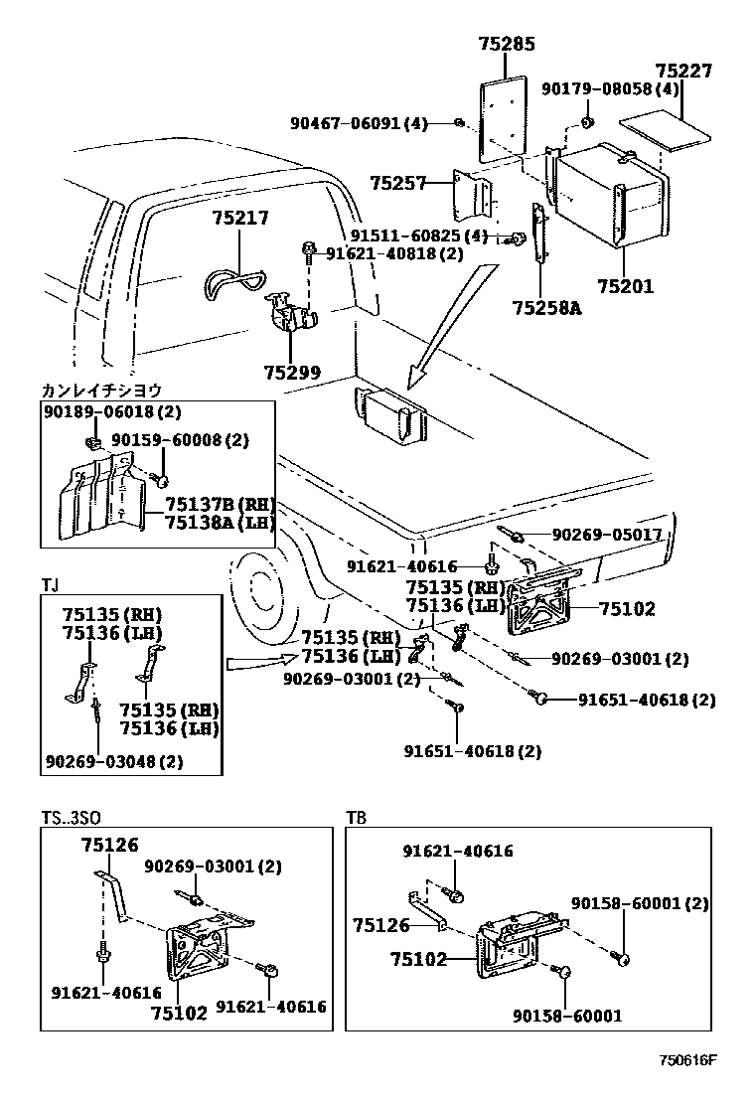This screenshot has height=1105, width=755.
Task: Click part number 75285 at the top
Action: point(506,44)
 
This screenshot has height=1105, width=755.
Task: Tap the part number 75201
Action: point(625,286)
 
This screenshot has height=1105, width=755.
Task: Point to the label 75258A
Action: point(545,307)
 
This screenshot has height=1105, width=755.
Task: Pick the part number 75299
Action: point(292,373)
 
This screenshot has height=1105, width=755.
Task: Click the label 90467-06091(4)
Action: point(359,123)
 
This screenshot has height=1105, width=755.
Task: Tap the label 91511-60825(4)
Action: point(419,236)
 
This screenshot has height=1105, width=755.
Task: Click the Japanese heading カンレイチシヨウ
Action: point(101,391)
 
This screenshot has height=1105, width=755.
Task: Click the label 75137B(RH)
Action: point(220,505)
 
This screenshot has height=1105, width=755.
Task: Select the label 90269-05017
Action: point(607,535)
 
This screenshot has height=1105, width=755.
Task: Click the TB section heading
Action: point(356,818)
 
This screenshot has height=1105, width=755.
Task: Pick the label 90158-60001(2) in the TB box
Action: point(640,903)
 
